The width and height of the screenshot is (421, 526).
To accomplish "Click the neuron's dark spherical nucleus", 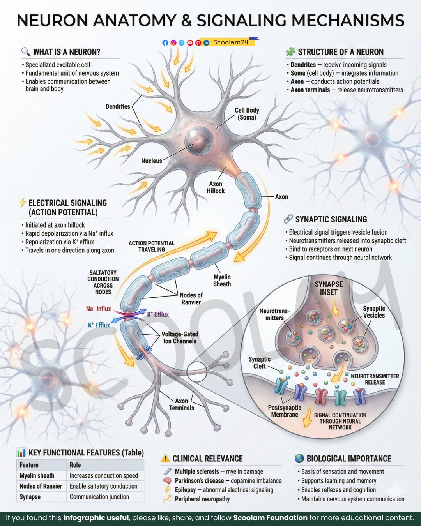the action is point(199,141).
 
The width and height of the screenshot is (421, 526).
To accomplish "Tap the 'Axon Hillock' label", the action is point(216,187).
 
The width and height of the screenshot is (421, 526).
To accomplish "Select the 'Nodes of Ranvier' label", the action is point(191,298).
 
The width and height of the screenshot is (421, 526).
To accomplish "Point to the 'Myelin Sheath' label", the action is point(222,281).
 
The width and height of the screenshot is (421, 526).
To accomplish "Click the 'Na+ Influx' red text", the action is point(98,309).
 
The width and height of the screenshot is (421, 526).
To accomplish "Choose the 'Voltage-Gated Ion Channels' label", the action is point(180,337).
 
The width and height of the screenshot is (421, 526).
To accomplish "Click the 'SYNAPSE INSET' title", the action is point(329,288).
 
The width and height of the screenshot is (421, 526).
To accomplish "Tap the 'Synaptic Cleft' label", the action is point(260,362).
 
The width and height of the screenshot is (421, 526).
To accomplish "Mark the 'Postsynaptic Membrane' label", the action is point(285,411).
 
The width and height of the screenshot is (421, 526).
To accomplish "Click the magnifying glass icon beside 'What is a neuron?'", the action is point(26,51).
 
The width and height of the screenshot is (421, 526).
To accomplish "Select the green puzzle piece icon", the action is point(290,52).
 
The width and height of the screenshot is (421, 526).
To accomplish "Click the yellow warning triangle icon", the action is point(165,458).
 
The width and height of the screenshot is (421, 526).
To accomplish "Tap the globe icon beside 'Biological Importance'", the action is point(299,458).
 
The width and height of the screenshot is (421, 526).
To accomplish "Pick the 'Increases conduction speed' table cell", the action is point(104,475).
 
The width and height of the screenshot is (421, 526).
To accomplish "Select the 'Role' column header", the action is point(75,465).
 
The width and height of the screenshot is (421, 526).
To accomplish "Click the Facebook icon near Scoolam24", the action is point(165,43).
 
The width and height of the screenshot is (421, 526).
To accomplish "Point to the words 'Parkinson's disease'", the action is point(199,480).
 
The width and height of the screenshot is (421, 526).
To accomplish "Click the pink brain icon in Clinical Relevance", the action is point(167,481).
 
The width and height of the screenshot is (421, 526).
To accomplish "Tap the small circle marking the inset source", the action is point(197,372).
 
